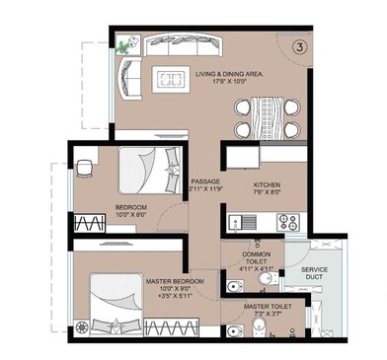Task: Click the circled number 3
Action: tap(298, 45)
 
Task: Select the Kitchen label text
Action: tap(268, 184)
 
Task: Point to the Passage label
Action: tap(204, 181)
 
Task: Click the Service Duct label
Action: tap(316, 273)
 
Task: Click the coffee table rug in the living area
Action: tap(172, 79)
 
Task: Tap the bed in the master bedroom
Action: tap(111, 300)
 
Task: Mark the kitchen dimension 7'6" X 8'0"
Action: tap(268, 193)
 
